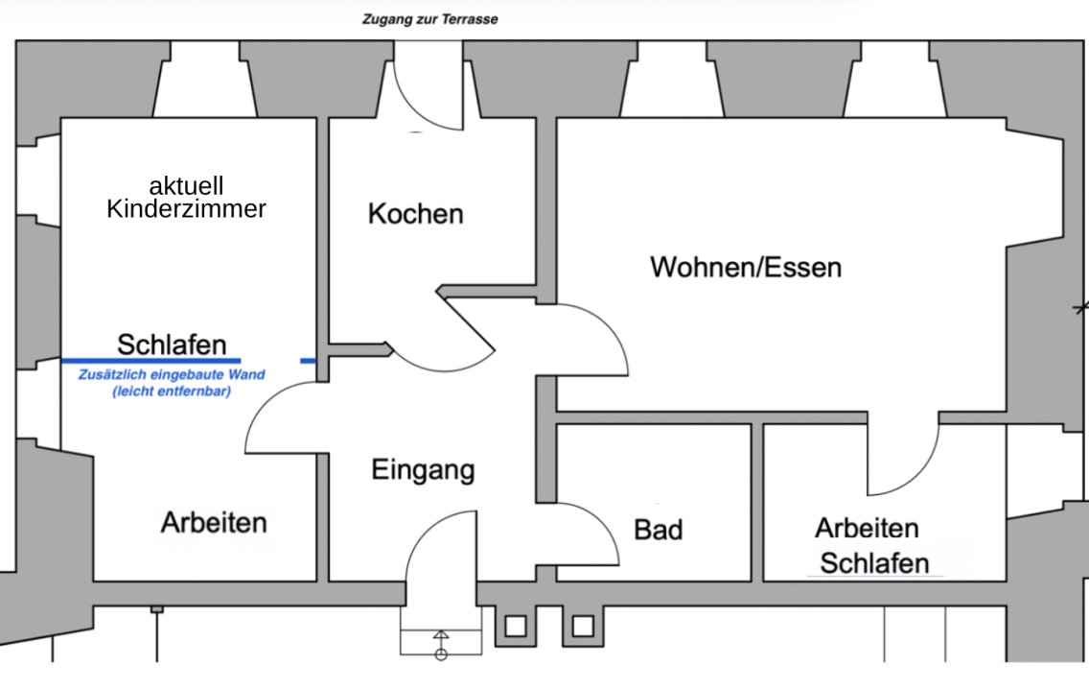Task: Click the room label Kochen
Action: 415,213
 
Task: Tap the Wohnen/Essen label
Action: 746,266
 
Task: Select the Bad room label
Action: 658,529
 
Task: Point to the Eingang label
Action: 423,470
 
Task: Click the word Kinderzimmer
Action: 186,208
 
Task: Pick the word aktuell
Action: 186,185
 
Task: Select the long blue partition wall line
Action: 151,361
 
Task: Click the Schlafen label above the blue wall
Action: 172,344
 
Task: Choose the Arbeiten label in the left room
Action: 213,523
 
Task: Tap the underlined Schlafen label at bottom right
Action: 874,563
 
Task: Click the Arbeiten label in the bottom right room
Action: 867,528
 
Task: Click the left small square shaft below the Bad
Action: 515,627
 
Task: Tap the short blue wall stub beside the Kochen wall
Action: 308,361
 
